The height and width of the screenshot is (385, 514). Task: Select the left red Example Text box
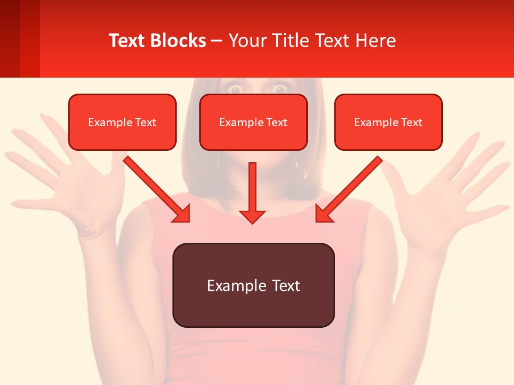[122, 122]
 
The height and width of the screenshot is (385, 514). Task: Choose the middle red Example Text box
[253, 122]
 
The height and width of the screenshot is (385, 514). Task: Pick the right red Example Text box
[388, 122]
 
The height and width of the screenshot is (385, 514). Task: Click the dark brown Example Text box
[253, 285]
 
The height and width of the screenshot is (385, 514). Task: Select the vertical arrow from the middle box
[252, 187]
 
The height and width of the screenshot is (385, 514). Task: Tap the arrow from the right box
[351, 187]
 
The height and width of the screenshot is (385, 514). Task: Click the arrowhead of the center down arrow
[252, 216]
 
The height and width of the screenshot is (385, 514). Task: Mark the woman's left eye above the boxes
[235, 89]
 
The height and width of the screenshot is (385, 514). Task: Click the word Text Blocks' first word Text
[127, 41]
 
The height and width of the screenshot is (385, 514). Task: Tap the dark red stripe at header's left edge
[10, 38]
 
